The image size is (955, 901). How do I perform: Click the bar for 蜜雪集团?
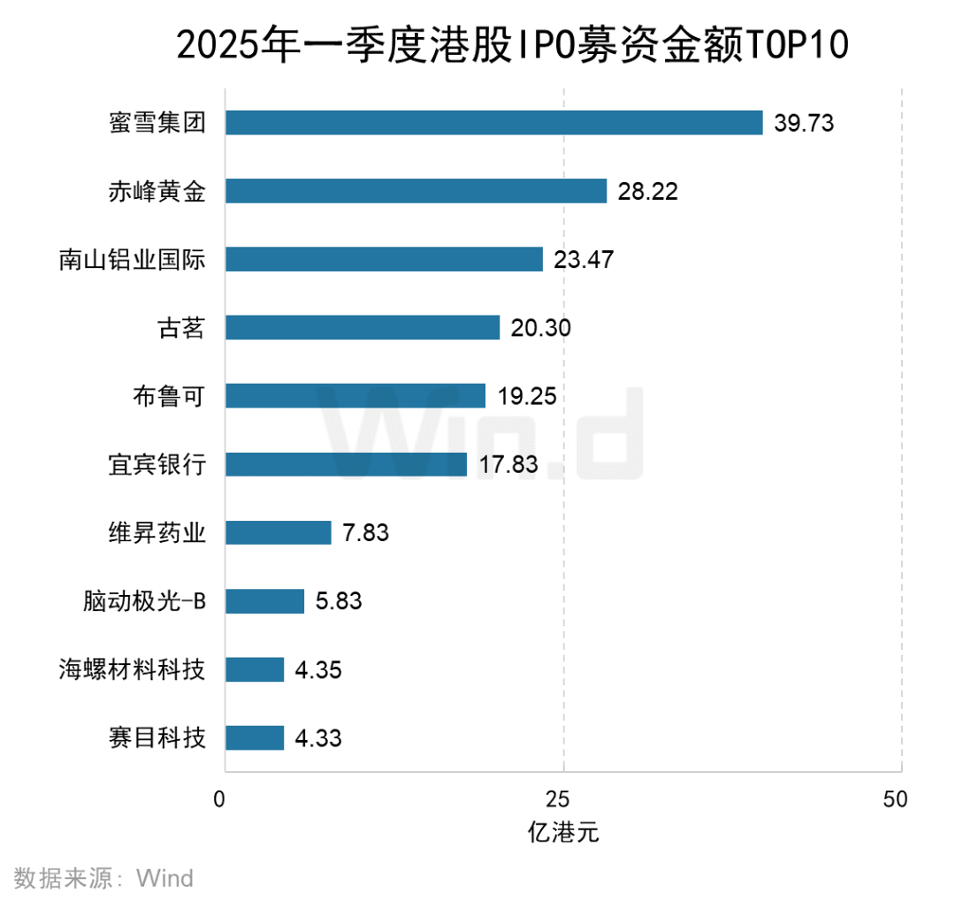(493, 122)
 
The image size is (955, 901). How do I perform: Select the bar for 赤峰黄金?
(416, 191)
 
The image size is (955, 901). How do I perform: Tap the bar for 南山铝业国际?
(384, 259)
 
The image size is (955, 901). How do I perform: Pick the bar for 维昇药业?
(278, 532)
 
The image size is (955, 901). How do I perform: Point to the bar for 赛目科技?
(255, 737)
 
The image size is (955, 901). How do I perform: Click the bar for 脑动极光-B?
(264, 601)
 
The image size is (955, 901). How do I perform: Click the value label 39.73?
(804, 123)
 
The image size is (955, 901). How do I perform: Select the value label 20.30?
(541, 328)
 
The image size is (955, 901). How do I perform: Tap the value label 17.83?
(508, 464)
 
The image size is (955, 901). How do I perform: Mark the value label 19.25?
(526, 396)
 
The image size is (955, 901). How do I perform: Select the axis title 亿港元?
(563, 833)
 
